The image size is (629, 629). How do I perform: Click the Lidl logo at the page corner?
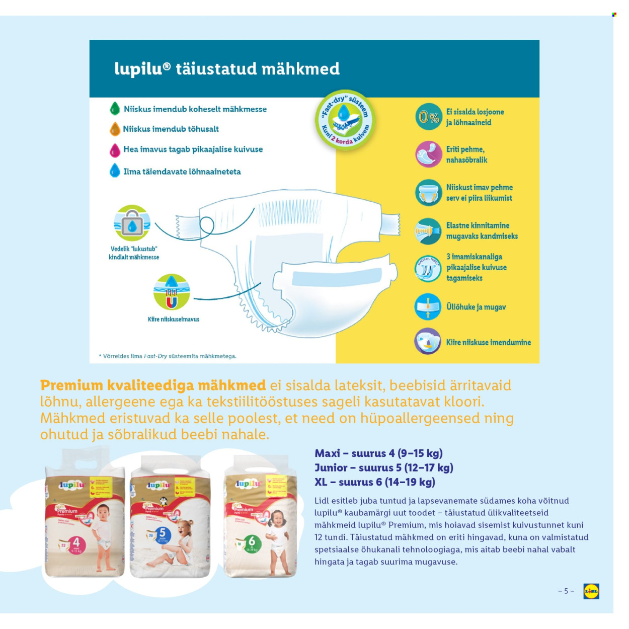pyautogui.click(x=591, y=591)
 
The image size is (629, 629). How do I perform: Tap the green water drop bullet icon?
pyautogui.click(x=115, y=109)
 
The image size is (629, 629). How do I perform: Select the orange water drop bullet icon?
pyautogui.click(x=115, y=129)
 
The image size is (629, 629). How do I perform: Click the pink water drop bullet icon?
pyautogui.click(x=115, y=149)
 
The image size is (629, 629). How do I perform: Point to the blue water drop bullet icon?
pyautogui.click(x=115, y=171)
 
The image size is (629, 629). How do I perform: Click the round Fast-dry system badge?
pyautogui.click(x=346, y=119)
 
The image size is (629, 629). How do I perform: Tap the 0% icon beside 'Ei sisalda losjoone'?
pyautogui.click(x=428, y=117)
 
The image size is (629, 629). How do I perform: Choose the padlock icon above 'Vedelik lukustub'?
pyautogui.click(x=132, y=223)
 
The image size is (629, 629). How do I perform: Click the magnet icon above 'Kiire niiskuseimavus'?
pyautogui.click(x=172, y=292)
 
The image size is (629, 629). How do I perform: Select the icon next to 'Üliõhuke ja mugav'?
pyautogui.click(x=428, y=306)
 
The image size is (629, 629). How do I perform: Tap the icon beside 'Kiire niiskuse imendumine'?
pyautogui.click(x=428, y=342)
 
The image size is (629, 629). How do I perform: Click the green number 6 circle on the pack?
pyautogui.click(x=252, y=541)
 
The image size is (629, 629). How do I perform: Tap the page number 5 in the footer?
pyautogui.click(x=566, y=591)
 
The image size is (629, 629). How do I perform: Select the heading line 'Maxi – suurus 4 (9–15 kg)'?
pyautogui.click(x=378, y=453)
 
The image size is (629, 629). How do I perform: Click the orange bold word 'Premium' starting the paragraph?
pyautogui.click(x=71, y=385)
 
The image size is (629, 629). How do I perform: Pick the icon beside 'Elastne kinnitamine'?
pyautogui.click(x=428, y=231)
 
